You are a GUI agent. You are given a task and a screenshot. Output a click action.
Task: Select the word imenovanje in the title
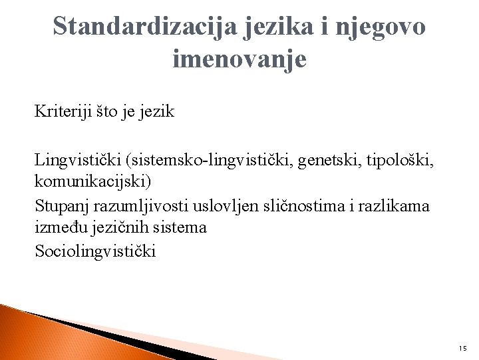tap(239, 59)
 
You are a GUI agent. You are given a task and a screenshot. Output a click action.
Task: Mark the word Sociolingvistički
tap(95, 251)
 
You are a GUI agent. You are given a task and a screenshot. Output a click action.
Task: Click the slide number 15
tap(462, 348)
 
